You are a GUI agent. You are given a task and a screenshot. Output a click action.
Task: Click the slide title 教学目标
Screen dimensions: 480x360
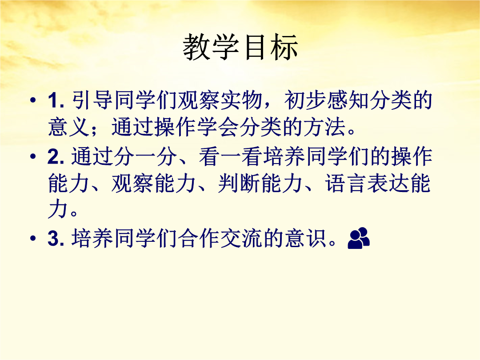(240, 47)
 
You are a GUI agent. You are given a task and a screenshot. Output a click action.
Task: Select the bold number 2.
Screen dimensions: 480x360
(56, 156)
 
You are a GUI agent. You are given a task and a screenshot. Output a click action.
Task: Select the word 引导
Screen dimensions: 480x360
(92, 100)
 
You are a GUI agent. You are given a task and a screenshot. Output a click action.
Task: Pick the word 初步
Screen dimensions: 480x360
(305, 100)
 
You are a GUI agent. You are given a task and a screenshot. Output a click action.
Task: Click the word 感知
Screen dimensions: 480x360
(348, 100)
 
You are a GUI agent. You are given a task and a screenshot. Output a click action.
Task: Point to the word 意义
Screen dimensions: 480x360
(69, 127)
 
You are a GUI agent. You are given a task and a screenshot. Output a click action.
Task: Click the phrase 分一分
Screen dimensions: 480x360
(145, 156)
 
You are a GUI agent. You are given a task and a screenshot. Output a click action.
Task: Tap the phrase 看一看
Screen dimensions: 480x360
(231, 156)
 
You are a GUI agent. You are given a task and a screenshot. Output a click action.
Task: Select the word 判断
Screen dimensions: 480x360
(239, 184)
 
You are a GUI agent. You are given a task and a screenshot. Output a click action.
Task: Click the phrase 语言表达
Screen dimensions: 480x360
(368, 184)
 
